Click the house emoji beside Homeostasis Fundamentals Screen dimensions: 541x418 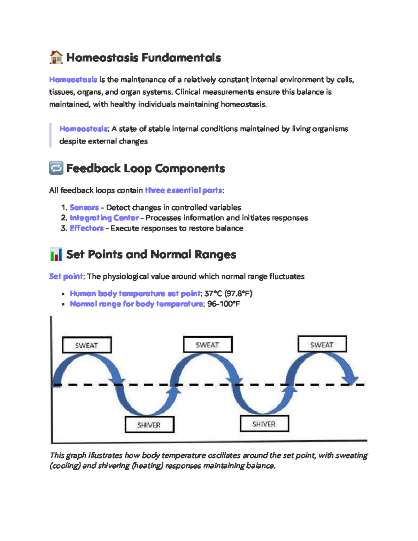[56, 57]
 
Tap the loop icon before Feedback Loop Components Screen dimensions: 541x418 [56, 168]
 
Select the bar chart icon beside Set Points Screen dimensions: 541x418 [56, 254]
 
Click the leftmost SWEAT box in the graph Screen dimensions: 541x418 [87, 345]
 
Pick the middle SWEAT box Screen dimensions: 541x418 [208, 345]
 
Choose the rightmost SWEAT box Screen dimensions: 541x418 [322, 344]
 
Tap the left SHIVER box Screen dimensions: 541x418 [149, 425]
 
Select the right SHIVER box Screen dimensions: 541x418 [264, 424]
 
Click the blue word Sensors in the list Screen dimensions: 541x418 [84, 208]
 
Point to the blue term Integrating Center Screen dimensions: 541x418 [104, 218]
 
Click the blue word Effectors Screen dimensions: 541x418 [87, 228]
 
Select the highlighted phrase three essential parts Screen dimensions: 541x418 [184, 190]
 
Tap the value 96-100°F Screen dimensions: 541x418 [224, 304]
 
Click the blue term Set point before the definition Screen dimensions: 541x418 [66, 277]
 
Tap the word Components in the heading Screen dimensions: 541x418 [190, 168]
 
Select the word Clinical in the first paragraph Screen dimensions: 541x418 [187, 92]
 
